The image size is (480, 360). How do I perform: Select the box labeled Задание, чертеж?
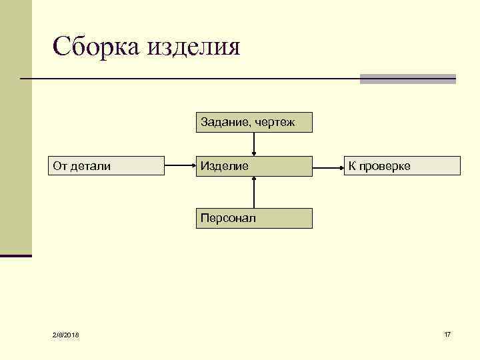tap(254, 122)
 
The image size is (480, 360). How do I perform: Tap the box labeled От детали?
tap(107, 165)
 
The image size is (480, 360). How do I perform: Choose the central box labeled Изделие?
tap(254, 165)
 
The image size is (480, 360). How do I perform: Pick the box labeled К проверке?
tap(402, 165)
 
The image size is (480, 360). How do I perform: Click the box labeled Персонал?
tap(254, 218)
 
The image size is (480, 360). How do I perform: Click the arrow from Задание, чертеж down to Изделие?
tap(254, 144)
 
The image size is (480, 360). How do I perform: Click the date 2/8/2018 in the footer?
tap(65, 334)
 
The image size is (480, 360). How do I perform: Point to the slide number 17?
tap(447, 333)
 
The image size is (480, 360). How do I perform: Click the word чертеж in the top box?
tap(274, 123)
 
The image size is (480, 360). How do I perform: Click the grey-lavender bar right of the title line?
tap(408, 79)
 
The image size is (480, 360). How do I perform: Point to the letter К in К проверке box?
tap(351, 165)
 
